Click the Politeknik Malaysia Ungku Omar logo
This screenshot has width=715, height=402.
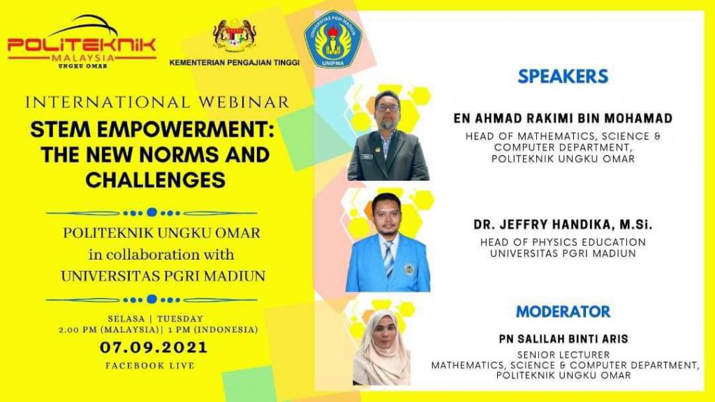point(82,42)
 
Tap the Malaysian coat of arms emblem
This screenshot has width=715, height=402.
point(235,36)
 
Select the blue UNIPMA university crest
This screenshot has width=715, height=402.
point(333,40)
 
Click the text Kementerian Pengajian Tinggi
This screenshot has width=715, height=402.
point(235,62)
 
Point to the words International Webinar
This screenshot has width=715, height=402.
point(157,102)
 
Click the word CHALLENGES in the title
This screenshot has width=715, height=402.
point(156,179)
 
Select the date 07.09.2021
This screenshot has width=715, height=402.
point(154,348)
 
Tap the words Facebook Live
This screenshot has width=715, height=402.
point(150,366)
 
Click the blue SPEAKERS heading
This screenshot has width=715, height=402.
point(563,76)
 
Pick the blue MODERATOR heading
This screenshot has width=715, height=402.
point(563,312)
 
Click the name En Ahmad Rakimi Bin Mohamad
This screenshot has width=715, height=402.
point(563,119)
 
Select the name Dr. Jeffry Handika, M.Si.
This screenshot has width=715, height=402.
point(563,225)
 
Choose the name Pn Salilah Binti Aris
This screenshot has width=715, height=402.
point(563,339)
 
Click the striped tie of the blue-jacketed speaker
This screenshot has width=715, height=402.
point(388,258)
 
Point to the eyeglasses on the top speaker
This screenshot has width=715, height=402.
point(387,108)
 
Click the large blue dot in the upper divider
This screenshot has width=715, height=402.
point(152,212)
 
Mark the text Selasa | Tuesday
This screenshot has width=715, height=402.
point(156,318)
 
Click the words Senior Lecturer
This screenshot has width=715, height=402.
point(563,355)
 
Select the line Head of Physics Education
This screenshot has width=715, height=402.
point(563,242)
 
